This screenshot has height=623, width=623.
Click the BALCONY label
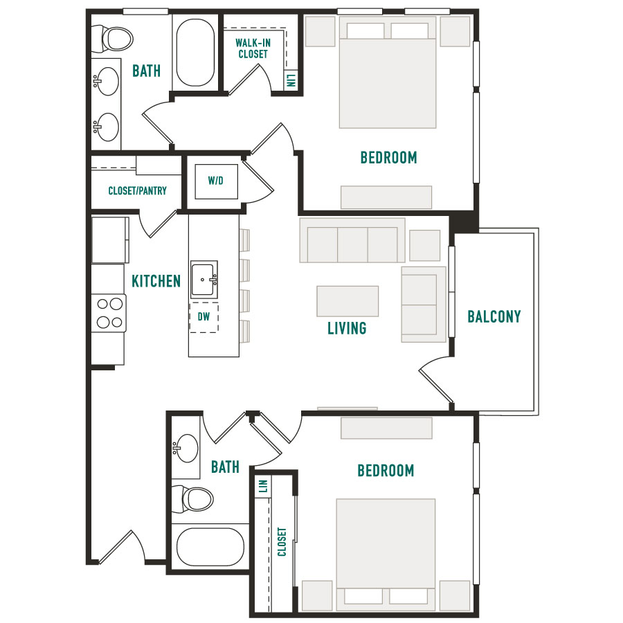(x=494, y=316)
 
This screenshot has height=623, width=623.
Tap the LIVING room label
(x=347, y=328)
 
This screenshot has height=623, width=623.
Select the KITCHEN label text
(x=156, y=281)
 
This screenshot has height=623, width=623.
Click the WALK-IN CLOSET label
(x=253, y=48)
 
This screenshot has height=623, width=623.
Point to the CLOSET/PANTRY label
(x=138, y=191)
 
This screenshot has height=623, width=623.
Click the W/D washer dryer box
(x=216, y=181)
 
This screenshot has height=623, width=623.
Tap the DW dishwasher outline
(x=204, y=317)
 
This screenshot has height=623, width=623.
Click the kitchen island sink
(x=204, y=279)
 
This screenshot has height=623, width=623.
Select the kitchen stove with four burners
(x=109, y=313)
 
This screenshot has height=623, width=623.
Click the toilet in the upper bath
(x=112, y=39)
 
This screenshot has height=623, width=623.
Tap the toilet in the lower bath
(x=192, y=499)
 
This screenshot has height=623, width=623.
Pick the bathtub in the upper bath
(x=195, y=53)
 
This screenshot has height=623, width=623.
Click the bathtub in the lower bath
(x=210, y=547)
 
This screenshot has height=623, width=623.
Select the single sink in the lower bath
(x=185, y=448)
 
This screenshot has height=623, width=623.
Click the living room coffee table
(x=347, y=301)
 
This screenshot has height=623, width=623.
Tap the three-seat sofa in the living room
(x=352, y=240)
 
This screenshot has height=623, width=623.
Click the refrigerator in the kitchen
(x=110, y=240)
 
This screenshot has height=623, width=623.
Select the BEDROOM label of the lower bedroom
(x=386, y=471)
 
